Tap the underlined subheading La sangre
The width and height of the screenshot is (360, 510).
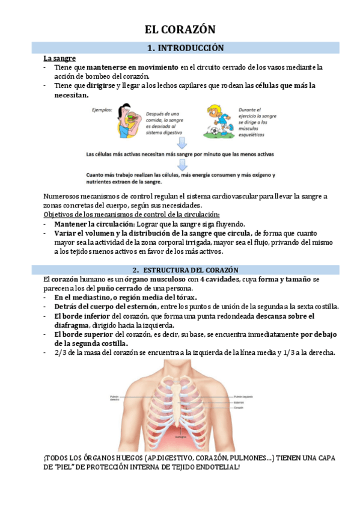tap(59, 58)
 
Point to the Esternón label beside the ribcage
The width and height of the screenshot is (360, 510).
tap(240, 402)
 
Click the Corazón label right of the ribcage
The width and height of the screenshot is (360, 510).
tap(239, 408)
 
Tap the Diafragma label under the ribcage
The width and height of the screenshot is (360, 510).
tap(181, 434)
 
